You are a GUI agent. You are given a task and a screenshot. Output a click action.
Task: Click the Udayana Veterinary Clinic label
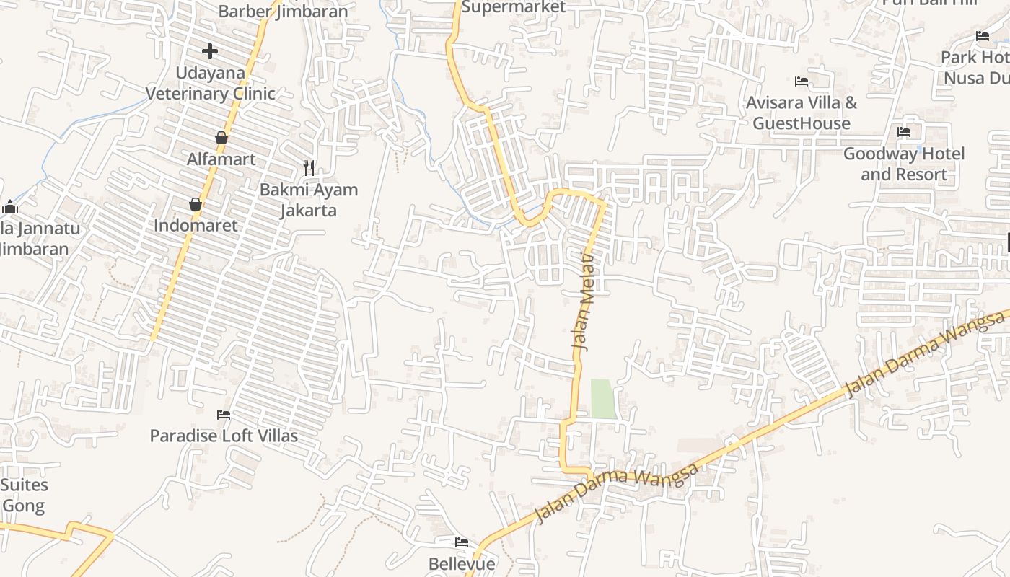point(211,83)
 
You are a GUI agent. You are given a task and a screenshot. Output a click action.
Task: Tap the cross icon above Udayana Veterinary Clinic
point(210,51)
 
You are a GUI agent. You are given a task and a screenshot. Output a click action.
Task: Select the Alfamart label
point(221,159)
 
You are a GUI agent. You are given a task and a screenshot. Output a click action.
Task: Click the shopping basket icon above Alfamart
point(221,138)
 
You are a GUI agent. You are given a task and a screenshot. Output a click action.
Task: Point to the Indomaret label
point(196,225)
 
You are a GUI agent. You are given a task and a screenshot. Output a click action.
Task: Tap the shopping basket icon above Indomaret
point(196,204)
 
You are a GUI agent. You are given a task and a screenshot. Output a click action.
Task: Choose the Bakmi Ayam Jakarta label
point(309,200)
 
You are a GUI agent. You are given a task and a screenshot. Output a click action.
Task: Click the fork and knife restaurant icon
point(309,168)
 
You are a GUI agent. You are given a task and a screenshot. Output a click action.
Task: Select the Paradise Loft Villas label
point(224,436)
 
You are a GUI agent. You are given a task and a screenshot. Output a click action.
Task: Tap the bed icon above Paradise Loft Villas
point(224,415)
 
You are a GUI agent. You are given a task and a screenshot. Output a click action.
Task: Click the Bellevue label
point(462,563)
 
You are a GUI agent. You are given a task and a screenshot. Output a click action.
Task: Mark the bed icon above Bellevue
point(462,542)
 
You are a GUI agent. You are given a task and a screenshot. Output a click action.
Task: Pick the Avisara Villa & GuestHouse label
point(802,113)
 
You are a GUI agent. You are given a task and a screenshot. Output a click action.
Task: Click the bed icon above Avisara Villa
point(802,82)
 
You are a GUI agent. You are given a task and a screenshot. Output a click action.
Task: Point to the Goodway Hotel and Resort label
point(904,164)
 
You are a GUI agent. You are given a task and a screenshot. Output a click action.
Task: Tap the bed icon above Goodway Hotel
point(904,132)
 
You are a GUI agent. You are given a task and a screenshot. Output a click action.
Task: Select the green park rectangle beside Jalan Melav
point(604,399)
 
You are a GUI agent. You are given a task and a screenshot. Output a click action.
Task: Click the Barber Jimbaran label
point(283,12)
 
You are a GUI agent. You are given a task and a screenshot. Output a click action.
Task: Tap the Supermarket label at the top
point(514,7)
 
